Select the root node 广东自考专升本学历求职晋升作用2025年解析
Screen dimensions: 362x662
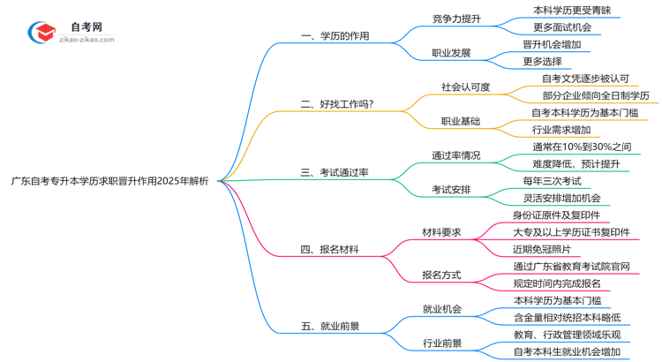click(x=110, y=181)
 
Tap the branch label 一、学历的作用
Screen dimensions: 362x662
click(x=335, y=36)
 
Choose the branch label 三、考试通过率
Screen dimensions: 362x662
click(x=335, y=172)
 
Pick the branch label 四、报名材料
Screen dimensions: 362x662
click(x=329, y=250)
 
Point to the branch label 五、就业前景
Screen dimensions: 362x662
click(x=329, y=326)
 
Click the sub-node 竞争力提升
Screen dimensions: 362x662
click(x=456, y=18)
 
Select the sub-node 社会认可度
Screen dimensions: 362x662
click(x=465, y=87)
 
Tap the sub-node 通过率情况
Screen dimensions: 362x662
click(x=455, y=155)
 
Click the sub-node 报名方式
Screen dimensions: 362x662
click(x=441, y=275)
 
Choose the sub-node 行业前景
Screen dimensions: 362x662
click(x=441, y=343)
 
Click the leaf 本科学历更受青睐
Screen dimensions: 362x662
click(x=572, y=11)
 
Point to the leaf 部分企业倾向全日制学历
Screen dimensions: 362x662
click(x=595, y=95)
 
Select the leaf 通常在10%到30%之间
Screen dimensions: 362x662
click(x=582, y=147)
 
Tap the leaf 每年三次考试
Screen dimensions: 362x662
click(x=556, y=181)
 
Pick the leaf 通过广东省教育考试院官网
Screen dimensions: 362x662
click(x=571, y=267)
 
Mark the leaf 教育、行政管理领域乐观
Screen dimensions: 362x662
click(x=572, y=335)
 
